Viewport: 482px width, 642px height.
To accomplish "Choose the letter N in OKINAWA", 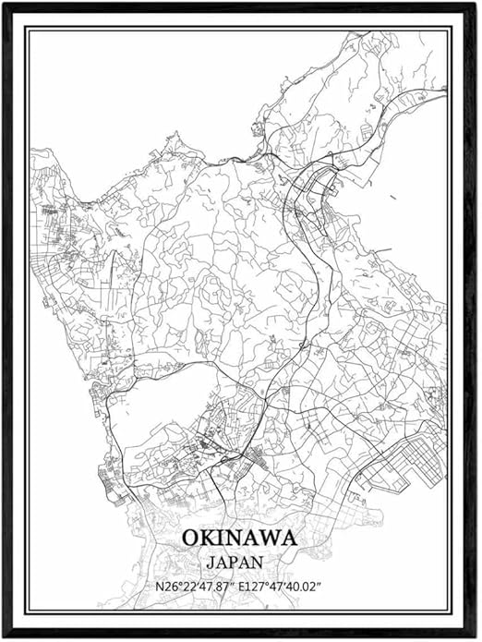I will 231,538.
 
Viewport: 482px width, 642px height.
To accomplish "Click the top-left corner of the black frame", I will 4,4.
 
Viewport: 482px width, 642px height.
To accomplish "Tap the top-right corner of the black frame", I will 477,4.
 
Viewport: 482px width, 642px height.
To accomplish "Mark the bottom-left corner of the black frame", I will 4,637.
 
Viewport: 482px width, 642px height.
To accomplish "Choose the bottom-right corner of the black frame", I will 477,637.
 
